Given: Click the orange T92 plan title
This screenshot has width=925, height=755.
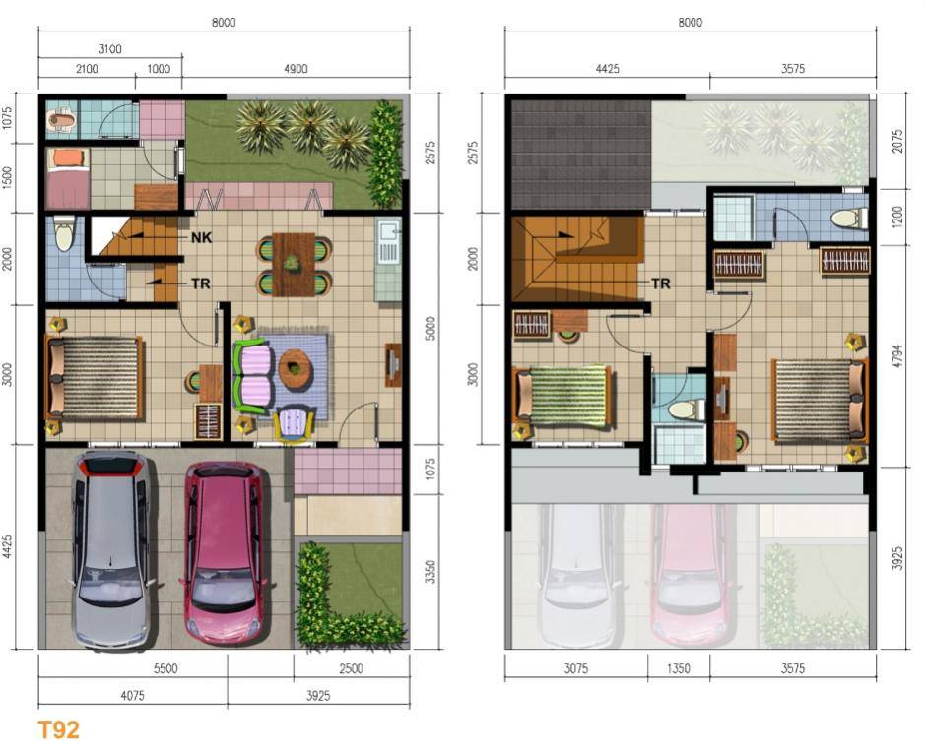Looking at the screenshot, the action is tap(58, 729).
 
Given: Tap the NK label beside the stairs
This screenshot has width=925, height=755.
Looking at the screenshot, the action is tap(201, 237).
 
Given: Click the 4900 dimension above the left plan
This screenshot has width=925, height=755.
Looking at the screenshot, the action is tap(296, 69).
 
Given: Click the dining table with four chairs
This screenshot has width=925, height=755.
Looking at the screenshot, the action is tap(294, 264).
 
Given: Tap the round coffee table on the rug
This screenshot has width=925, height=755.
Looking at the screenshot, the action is tap(295, 369).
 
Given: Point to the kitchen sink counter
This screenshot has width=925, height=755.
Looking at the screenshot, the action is tap(388, 259).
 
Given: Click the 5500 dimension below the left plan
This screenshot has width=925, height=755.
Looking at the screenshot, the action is tap(165, 669).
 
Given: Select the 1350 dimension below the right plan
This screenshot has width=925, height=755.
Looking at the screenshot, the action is tap(679, 669).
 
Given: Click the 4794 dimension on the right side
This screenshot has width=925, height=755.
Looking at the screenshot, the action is tap(897, 356).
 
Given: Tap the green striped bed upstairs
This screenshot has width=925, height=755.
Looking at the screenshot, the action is tap(563, 396).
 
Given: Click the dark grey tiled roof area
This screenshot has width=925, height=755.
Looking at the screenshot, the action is tap(581, 155).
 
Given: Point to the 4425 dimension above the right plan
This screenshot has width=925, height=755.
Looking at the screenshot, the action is tap(607, 69).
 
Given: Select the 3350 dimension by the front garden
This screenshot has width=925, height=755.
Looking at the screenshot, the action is tap(431, 572).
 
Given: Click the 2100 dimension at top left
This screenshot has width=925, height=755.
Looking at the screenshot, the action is tap(87, 69).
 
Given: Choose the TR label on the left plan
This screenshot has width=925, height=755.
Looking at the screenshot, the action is tap(201, 283).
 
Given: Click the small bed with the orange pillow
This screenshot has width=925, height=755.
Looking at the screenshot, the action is tap(68, 178).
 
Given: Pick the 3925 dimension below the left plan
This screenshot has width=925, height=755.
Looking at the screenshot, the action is tap(318, 696).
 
